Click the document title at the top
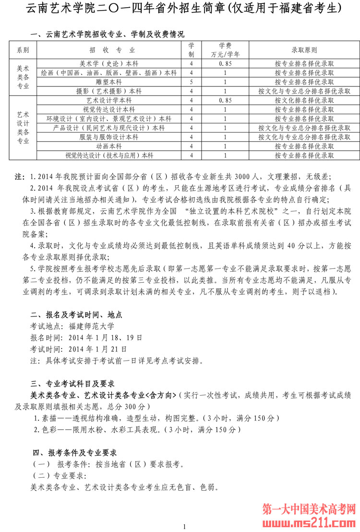point(180,8)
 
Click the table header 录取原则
point(304,50)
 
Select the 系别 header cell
point(23,50)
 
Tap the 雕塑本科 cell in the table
point(109,82)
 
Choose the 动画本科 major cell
point(109,146)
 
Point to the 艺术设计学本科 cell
point(109,100)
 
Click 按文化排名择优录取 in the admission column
point(304,100)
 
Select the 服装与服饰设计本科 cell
point(109,137)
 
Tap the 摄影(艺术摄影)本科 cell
point(109,91)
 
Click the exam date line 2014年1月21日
point(98,349)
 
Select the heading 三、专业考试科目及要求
point(72,384)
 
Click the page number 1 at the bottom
point(184,527)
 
